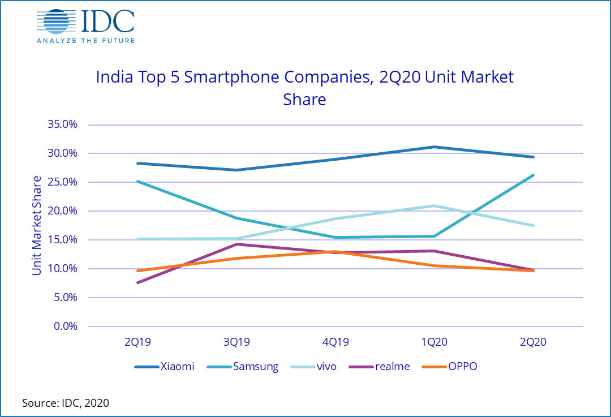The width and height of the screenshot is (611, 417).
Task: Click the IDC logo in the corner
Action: pos(85,23)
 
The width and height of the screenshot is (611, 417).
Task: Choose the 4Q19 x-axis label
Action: pos(335,342)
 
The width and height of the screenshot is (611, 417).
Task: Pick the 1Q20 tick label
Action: pos(434,342)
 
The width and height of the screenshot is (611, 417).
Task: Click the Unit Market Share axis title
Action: pos(37,225)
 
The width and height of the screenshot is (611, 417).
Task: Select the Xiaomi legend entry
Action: pos(164,367)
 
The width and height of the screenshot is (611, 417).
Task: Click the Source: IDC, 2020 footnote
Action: pos(65,403)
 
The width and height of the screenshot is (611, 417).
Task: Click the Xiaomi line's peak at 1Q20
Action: pos(434,147)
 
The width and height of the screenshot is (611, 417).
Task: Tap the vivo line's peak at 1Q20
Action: pos(434,206)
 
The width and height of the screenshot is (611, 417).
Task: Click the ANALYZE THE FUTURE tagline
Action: pos(85,40)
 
